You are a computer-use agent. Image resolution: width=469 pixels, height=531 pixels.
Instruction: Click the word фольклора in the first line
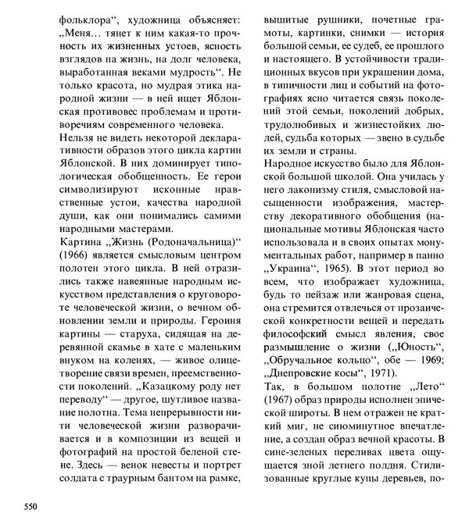[82, 16]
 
